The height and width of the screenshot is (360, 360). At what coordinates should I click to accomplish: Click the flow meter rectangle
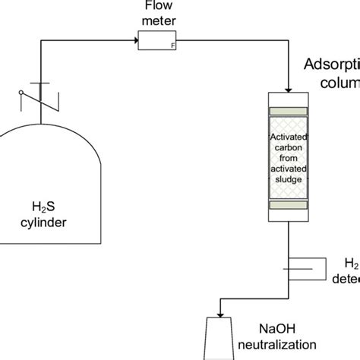[157, 39]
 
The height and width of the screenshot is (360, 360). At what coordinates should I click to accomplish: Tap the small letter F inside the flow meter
[173, 45]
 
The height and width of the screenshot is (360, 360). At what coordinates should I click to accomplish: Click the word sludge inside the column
[289, 179]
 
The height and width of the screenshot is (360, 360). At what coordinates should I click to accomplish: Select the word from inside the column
[289, 159]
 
